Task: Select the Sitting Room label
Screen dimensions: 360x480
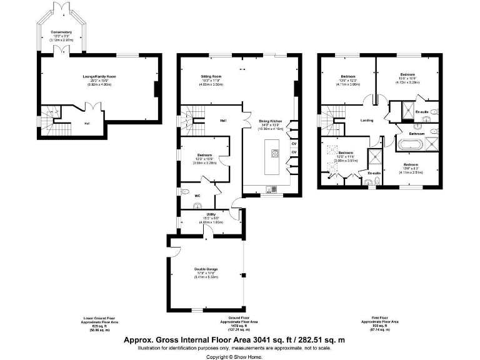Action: (x=211, y=76)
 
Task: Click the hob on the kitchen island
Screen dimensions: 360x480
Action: (x=272, y=152)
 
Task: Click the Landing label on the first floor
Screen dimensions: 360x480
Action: (x=367, y=121)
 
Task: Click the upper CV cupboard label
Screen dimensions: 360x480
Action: (x=293, y=143)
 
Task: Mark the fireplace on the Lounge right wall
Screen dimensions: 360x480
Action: (x=156, y=89)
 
